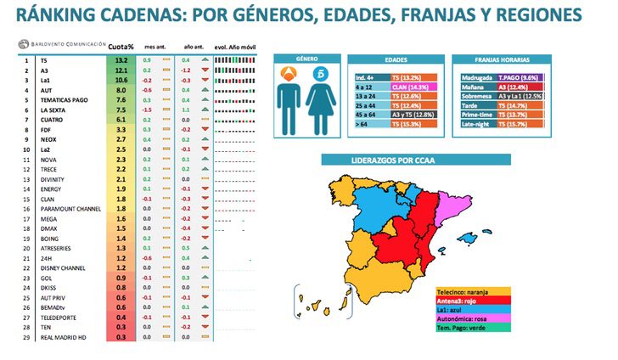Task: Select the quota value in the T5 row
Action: [x=121, y=61]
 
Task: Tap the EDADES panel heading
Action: [x=396, y=60]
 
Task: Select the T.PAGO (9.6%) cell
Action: [x=518, y=76]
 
